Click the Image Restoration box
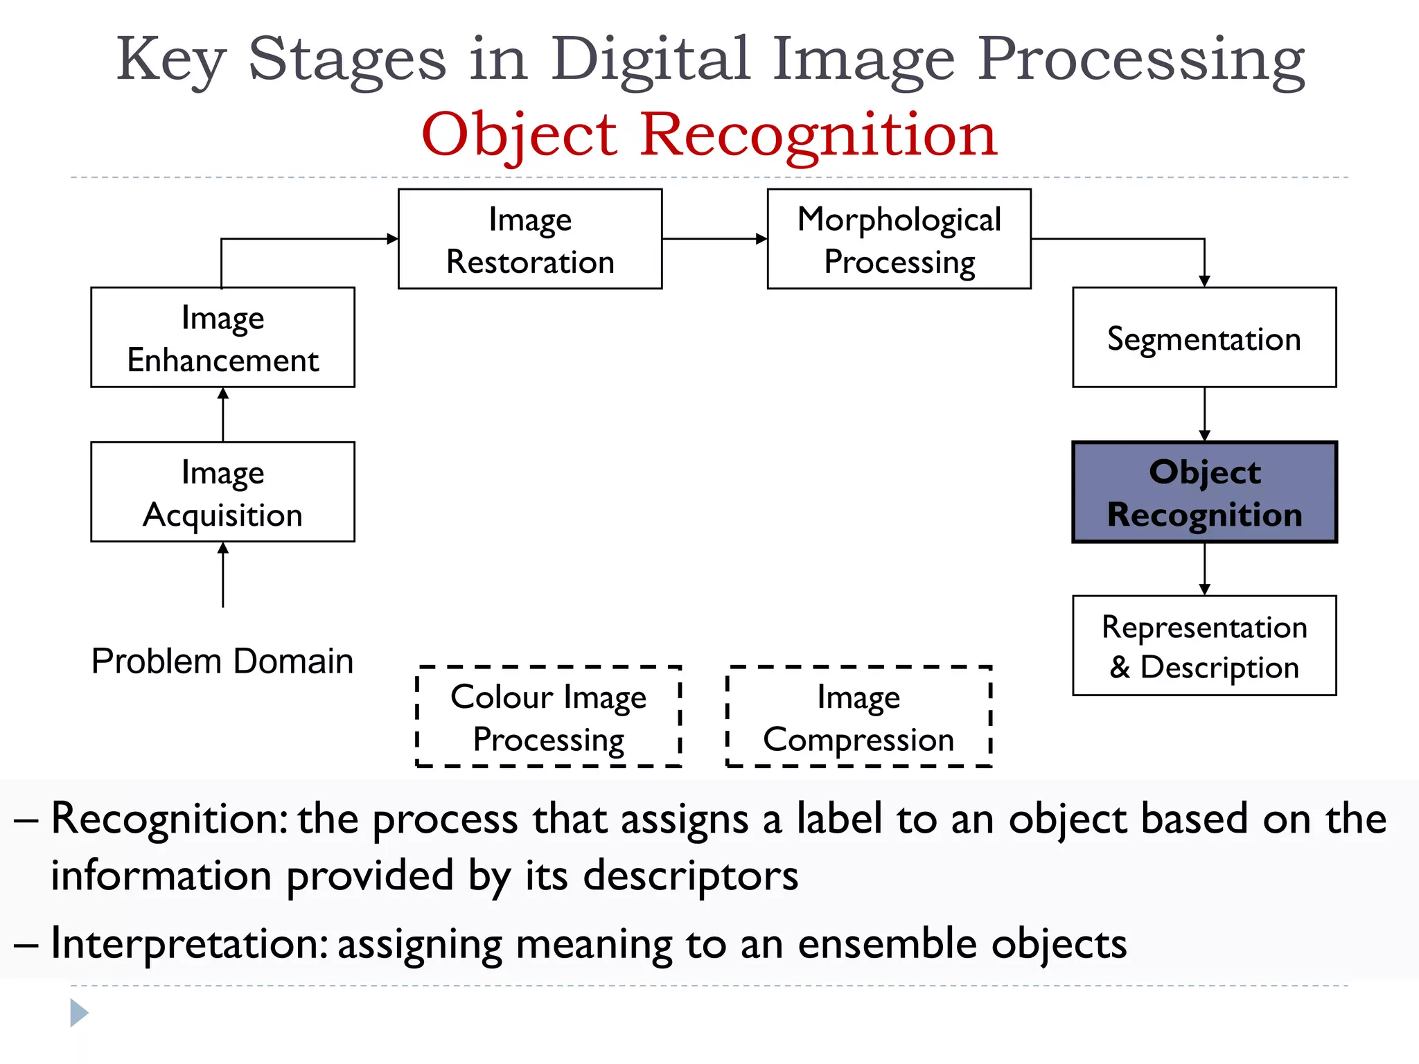click(x=530, y=239)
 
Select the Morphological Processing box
click(x=899, y=239)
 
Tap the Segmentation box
click(x=1204, y=337)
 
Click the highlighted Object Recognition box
click(x=1204, y=492)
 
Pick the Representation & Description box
click(x=1204, y=646)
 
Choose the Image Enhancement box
click(x=222, y=337)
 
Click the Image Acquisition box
click(x=222, y=492)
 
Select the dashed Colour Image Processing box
click(x=548, y=717)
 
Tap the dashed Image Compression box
click(x=858, y=717)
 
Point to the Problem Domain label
click(x=222, y=661)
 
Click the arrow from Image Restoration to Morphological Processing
click(x=714, y=239)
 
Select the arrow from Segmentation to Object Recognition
click(x=1204, y=414)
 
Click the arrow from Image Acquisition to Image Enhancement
click(x=222, y=414)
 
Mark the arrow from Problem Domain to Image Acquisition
click(x=222, y=575)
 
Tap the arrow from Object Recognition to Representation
click(x=1204, y=569)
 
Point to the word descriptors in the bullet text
click(x=690, y=876)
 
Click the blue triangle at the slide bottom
click(x=79, y=1013)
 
